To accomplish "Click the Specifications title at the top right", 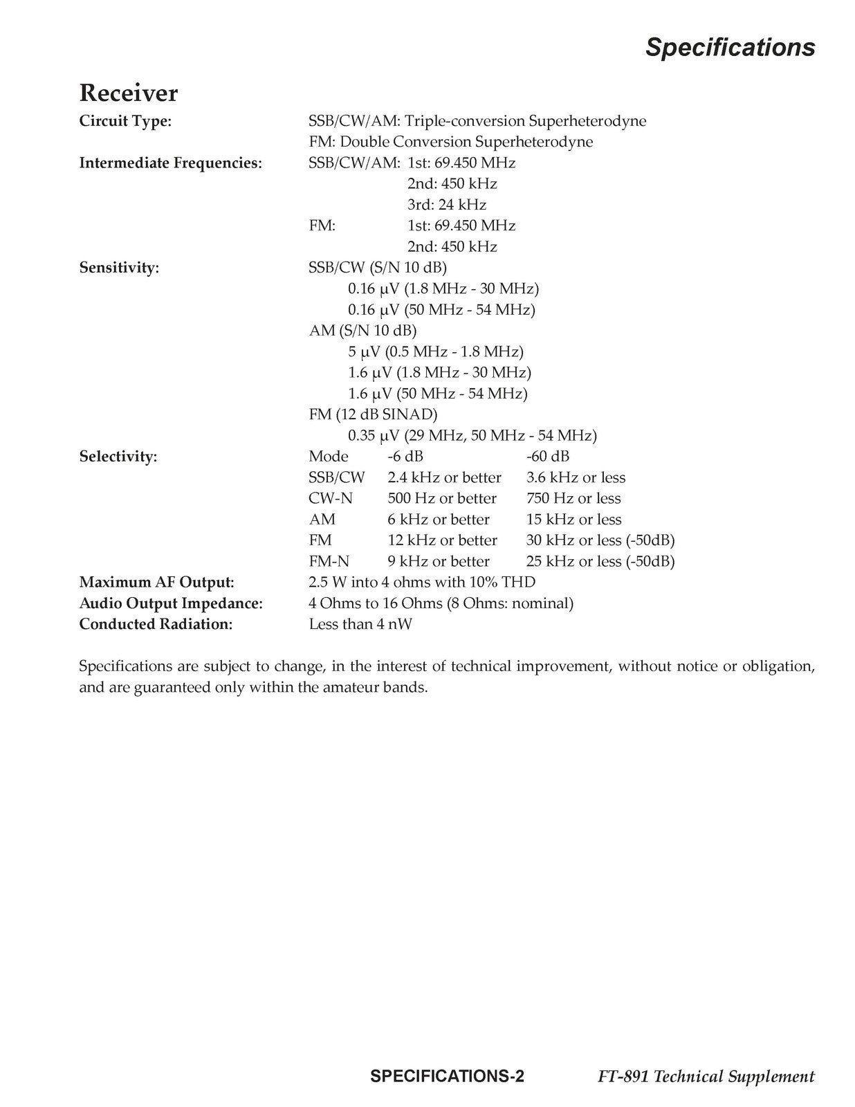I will [x=730, y=47].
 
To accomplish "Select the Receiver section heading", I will [x=129, y=93].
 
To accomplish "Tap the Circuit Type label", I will [x=125, y=121].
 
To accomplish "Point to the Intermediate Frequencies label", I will [x=171, y=163].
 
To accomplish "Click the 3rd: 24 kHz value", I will [x=446, y=205].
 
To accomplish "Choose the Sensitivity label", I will [x=119, y=268].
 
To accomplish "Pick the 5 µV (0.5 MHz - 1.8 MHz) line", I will [x=435, y=351].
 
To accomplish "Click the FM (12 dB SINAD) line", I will [x=373, y=414].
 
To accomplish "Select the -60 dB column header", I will [x=548, y=457].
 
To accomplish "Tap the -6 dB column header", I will [x=405, y=457].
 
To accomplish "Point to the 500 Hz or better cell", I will [x=442, y=499].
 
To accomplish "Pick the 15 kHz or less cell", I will [x=573, y=520].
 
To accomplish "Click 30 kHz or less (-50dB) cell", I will [x=600, y=540].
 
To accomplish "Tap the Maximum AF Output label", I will [x=156, y=583].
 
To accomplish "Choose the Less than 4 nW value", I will [x=360, y=625].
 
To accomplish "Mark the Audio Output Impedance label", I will [x=171, y=603].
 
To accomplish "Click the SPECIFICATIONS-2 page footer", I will [x=447, y=1077].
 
